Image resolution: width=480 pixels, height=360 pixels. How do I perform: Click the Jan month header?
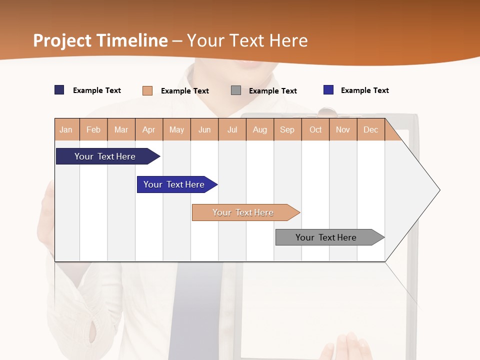tap(66, 129)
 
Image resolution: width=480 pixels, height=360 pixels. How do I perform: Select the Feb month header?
tap(93, 129)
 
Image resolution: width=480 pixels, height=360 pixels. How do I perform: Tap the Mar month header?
tap(121, 129)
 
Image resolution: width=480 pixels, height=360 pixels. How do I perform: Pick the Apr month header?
tap(149, 129)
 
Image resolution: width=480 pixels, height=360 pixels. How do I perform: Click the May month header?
tap(176, 129)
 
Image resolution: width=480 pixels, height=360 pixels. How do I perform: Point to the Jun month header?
tap(204, 129)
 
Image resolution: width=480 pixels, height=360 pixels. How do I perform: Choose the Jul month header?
tap(232, 129)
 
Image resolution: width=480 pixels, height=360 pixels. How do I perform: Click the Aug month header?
tap(260, 129)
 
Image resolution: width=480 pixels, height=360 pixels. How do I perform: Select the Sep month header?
tap(287, 129)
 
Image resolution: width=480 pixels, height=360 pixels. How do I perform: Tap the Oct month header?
tap(315, 129)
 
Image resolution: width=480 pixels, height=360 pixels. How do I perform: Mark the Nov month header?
tap(343, 129)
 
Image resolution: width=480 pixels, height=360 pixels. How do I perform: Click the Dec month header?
tap(371, 129)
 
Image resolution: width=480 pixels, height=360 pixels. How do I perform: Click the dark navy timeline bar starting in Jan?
tap(105, 156)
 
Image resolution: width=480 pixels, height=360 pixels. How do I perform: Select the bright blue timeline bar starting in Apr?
tap(174, 184)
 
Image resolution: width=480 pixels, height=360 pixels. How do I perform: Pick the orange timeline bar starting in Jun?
tap(243, 212)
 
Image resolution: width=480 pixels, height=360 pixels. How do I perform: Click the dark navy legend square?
tap(59, 90)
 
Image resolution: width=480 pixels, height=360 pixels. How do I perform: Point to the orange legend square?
tap(147, 90)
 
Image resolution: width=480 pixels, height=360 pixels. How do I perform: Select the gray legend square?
tap(236, 90)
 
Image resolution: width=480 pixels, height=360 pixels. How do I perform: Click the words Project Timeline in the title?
tap(100, 40)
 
